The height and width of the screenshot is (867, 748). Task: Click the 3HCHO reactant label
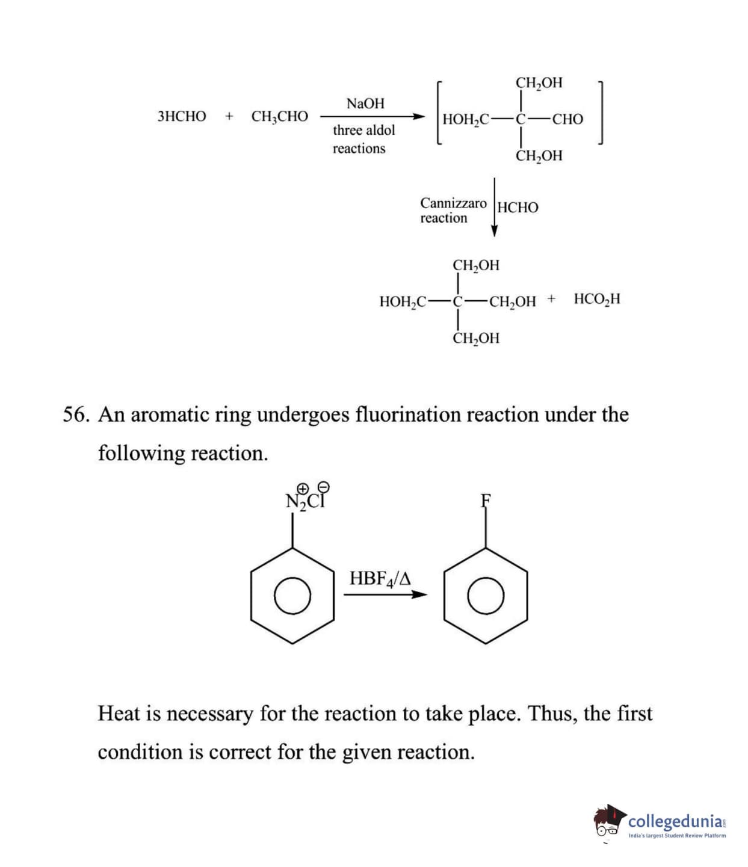coord(181,116)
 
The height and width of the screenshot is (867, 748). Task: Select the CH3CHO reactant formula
coord(279,116)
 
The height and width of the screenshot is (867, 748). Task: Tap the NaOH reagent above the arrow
coord(365,103)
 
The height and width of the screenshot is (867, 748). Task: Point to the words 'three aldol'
coord(363,130)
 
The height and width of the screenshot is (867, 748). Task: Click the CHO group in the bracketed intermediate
coord(567,119)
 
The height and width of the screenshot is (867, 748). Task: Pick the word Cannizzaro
coord(453,203)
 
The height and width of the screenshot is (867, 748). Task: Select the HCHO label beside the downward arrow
coord(518,208)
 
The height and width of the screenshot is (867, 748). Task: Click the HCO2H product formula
coord(596,299)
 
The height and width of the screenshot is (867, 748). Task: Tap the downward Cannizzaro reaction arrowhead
coord(494,230)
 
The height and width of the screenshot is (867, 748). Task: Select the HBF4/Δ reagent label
coord(380,579)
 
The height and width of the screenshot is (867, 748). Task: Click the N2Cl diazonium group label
coord(306,499)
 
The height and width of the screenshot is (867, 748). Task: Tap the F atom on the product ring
coord(486,500)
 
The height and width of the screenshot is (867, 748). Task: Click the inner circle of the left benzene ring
coord(292,596)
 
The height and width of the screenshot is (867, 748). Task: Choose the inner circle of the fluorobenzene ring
coord(486,596)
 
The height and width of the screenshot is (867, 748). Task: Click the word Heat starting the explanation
coord(120,714)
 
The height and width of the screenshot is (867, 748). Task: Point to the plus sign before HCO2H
coord(552,298)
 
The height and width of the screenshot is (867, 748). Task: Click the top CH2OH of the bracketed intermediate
coord(539,82)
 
